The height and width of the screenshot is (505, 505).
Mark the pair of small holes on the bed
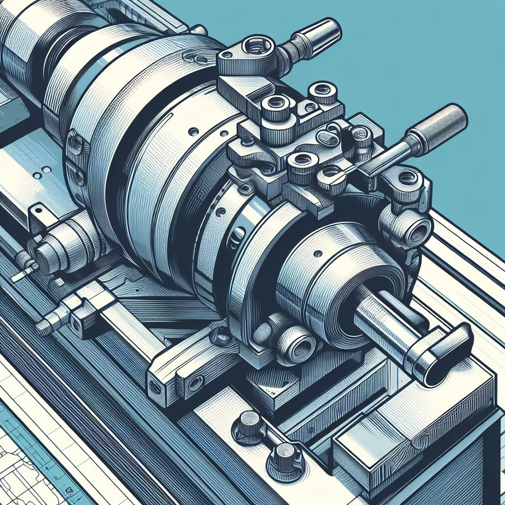tap(42, 172)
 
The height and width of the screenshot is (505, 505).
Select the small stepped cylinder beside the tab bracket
tap(54, 249)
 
